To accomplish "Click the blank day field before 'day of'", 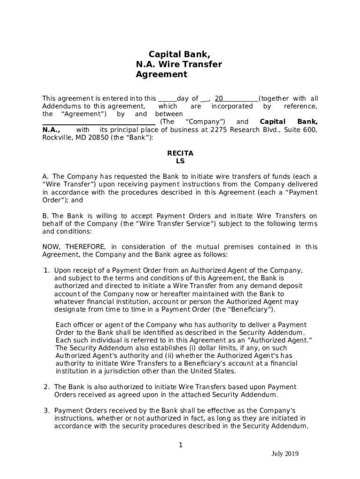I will [167, 99].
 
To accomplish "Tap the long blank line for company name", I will [99, 122].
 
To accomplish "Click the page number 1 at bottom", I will [180, 445].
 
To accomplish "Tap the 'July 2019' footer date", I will [285, 453].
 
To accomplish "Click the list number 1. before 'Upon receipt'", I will [47, 270].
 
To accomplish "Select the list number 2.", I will [47, 387].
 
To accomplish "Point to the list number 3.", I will [47, 410].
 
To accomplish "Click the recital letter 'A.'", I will [46, 176].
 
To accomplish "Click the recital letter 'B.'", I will [46, 216].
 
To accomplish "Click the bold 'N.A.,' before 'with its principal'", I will [51, 130].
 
